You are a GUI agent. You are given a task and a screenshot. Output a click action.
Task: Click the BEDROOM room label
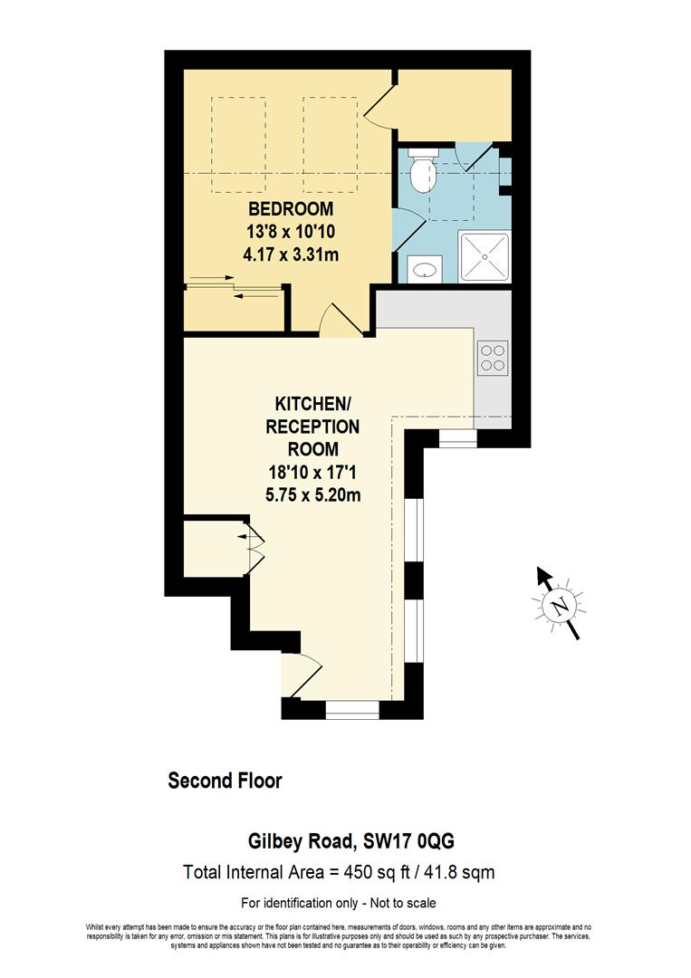point(291,210)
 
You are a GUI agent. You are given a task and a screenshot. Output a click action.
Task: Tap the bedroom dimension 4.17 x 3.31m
point(291,254)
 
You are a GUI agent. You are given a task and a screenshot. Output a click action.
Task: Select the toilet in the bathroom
point(422,170)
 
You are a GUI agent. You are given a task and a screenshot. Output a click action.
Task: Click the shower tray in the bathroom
point(485,256)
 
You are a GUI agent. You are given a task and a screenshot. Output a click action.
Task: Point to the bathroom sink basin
point(425,268)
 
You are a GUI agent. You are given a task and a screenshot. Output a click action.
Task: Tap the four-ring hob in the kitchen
point(493,358)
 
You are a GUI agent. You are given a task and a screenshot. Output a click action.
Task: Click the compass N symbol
point(561,605)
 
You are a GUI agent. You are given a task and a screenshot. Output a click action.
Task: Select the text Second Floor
point(226,781)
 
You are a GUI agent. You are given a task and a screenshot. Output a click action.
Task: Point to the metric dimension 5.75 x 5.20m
point(312,494)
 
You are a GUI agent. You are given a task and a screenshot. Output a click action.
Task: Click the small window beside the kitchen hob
point(457,439)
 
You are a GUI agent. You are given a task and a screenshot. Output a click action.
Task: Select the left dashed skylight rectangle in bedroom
point(238,145)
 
